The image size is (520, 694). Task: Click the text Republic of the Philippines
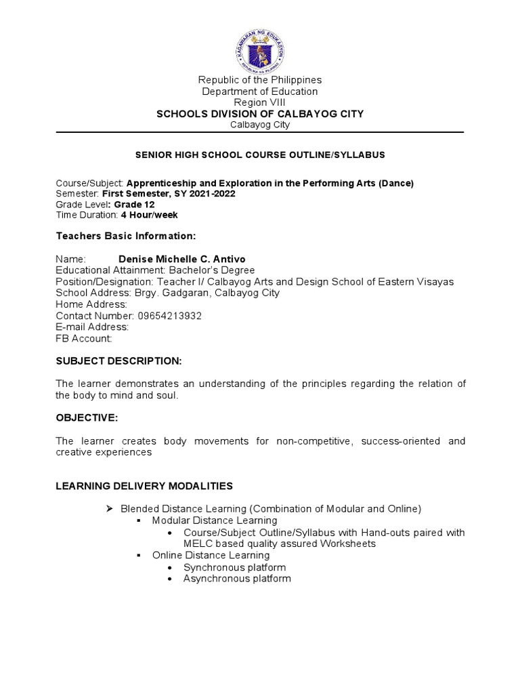[x=259, y=80]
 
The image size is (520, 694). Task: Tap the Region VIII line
[x=259, y=102]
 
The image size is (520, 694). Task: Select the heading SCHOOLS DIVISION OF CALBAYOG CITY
[x=259, y=114]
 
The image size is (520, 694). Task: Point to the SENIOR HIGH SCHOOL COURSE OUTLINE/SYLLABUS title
[x=260, y=155]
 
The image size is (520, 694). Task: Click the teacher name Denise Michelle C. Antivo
[x=181, y=260]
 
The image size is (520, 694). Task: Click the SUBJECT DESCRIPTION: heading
[x=118, y=361]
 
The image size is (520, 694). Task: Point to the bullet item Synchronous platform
[x=234, y=567]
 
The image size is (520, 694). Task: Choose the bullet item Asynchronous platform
[x=237, y=579]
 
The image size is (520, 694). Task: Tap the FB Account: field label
[x=83, y=339]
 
